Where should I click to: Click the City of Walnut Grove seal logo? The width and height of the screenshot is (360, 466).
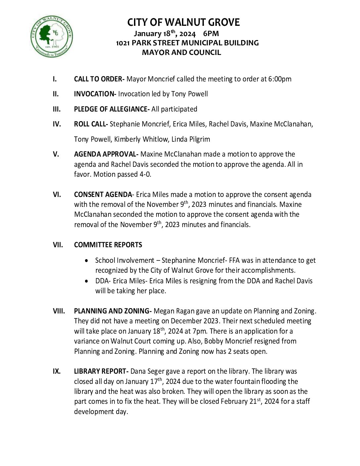[x=52, y=36]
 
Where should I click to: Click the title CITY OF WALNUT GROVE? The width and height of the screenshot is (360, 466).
[x=183, y=23]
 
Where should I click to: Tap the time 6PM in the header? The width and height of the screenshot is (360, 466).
[x=211, y=33]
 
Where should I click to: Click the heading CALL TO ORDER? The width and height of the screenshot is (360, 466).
[x=99, y=79]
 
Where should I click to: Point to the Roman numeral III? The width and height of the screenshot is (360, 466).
[x=57, y=109]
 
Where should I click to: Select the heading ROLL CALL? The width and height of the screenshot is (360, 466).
[x=91, y=124]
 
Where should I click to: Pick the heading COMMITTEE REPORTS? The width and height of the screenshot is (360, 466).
[x=108, y=245]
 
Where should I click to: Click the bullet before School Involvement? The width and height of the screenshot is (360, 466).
[x=87, y=261]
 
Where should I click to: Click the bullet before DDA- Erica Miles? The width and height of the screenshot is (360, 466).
[x=87, y=281]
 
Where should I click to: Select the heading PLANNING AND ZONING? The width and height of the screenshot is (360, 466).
[x=112, y=311]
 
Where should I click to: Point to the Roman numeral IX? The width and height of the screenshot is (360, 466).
[x=57, y=371]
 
